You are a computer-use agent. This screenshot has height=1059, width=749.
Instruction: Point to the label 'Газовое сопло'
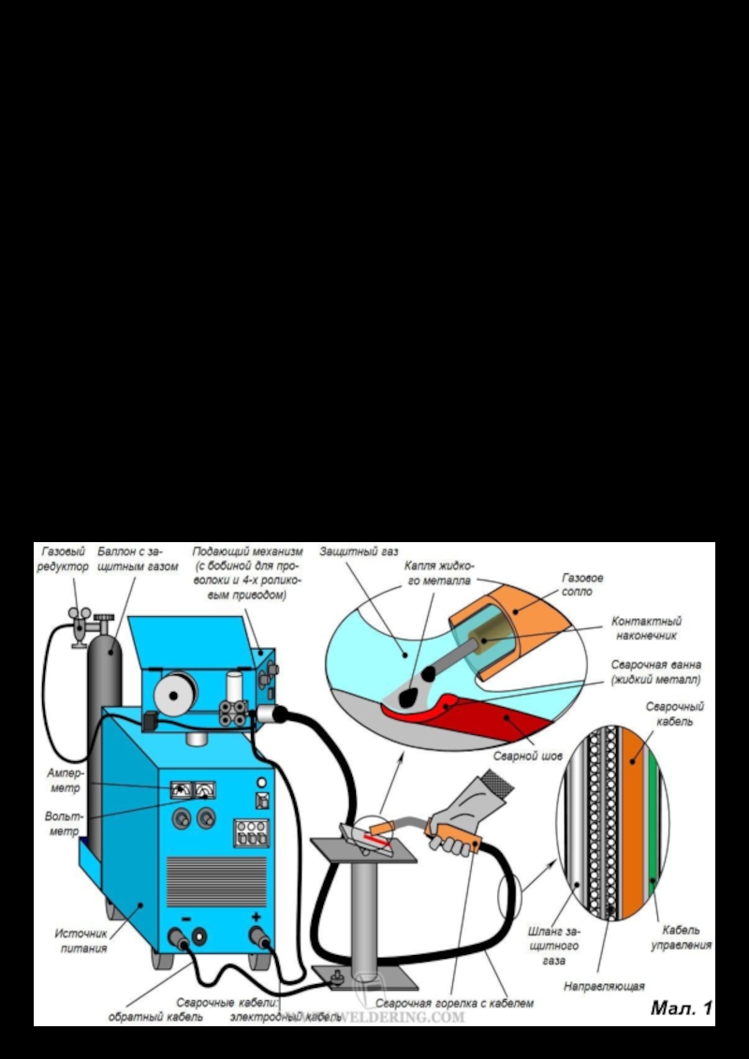(582, 585)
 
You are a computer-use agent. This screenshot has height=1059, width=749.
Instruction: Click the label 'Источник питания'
(81, 940)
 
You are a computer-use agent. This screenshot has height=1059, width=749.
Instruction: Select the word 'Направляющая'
(605, 985)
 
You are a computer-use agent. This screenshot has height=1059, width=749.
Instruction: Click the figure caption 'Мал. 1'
(682, 1008)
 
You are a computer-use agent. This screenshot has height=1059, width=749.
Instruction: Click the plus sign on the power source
(257, 918)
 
